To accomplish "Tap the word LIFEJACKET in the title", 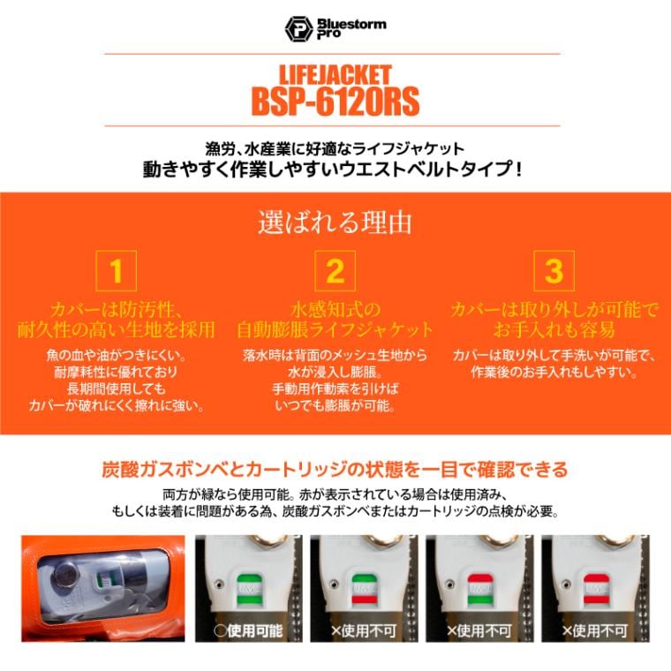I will click(335, 74).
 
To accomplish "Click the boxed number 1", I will click(117, 271).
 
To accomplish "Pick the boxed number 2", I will click(335, 271).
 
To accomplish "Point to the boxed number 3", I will click(554, 271).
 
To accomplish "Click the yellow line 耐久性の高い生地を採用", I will click(117, 330).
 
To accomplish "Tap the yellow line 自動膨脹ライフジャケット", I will click(335, 330).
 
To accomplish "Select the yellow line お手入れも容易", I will click(554, 330).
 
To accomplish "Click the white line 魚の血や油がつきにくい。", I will click(117, 355).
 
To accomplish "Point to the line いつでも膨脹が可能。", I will click(335, 406).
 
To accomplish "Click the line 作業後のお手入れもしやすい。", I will click(554, 372).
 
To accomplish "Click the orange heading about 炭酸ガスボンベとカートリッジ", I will click(335, 469).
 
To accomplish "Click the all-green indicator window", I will click(253, 586).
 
